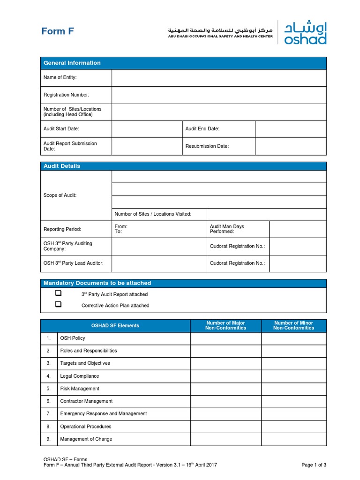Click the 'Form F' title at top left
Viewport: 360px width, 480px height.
point(58,31)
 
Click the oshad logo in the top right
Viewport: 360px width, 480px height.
point(305,32)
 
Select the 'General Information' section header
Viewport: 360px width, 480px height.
point(72,63)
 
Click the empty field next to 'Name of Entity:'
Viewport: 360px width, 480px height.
point(219,78)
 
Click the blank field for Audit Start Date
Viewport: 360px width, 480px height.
point(147,129)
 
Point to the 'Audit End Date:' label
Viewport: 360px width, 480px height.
point(202,129)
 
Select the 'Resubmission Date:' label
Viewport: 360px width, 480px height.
point(207,146)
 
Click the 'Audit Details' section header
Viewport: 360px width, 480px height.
point(62,166)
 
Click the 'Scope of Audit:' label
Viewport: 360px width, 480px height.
point(60,195)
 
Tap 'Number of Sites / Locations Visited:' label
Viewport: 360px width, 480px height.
point(153,214)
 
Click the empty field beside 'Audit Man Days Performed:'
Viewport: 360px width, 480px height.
point(298,229)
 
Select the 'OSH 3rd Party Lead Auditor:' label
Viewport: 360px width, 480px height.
point(73,263)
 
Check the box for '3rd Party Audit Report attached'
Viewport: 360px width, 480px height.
point(58,293)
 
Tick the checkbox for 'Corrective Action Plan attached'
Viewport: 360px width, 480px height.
point(58,304)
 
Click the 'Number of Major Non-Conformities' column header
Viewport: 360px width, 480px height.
point(225,326)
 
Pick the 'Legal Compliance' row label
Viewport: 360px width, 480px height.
point(79,376)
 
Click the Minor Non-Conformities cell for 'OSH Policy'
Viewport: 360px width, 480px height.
point(294,338)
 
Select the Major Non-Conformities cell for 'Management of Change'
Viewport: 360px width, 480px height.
point(225,439)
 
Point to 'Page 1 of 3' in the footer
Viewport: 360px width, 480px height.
point(314,465)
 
